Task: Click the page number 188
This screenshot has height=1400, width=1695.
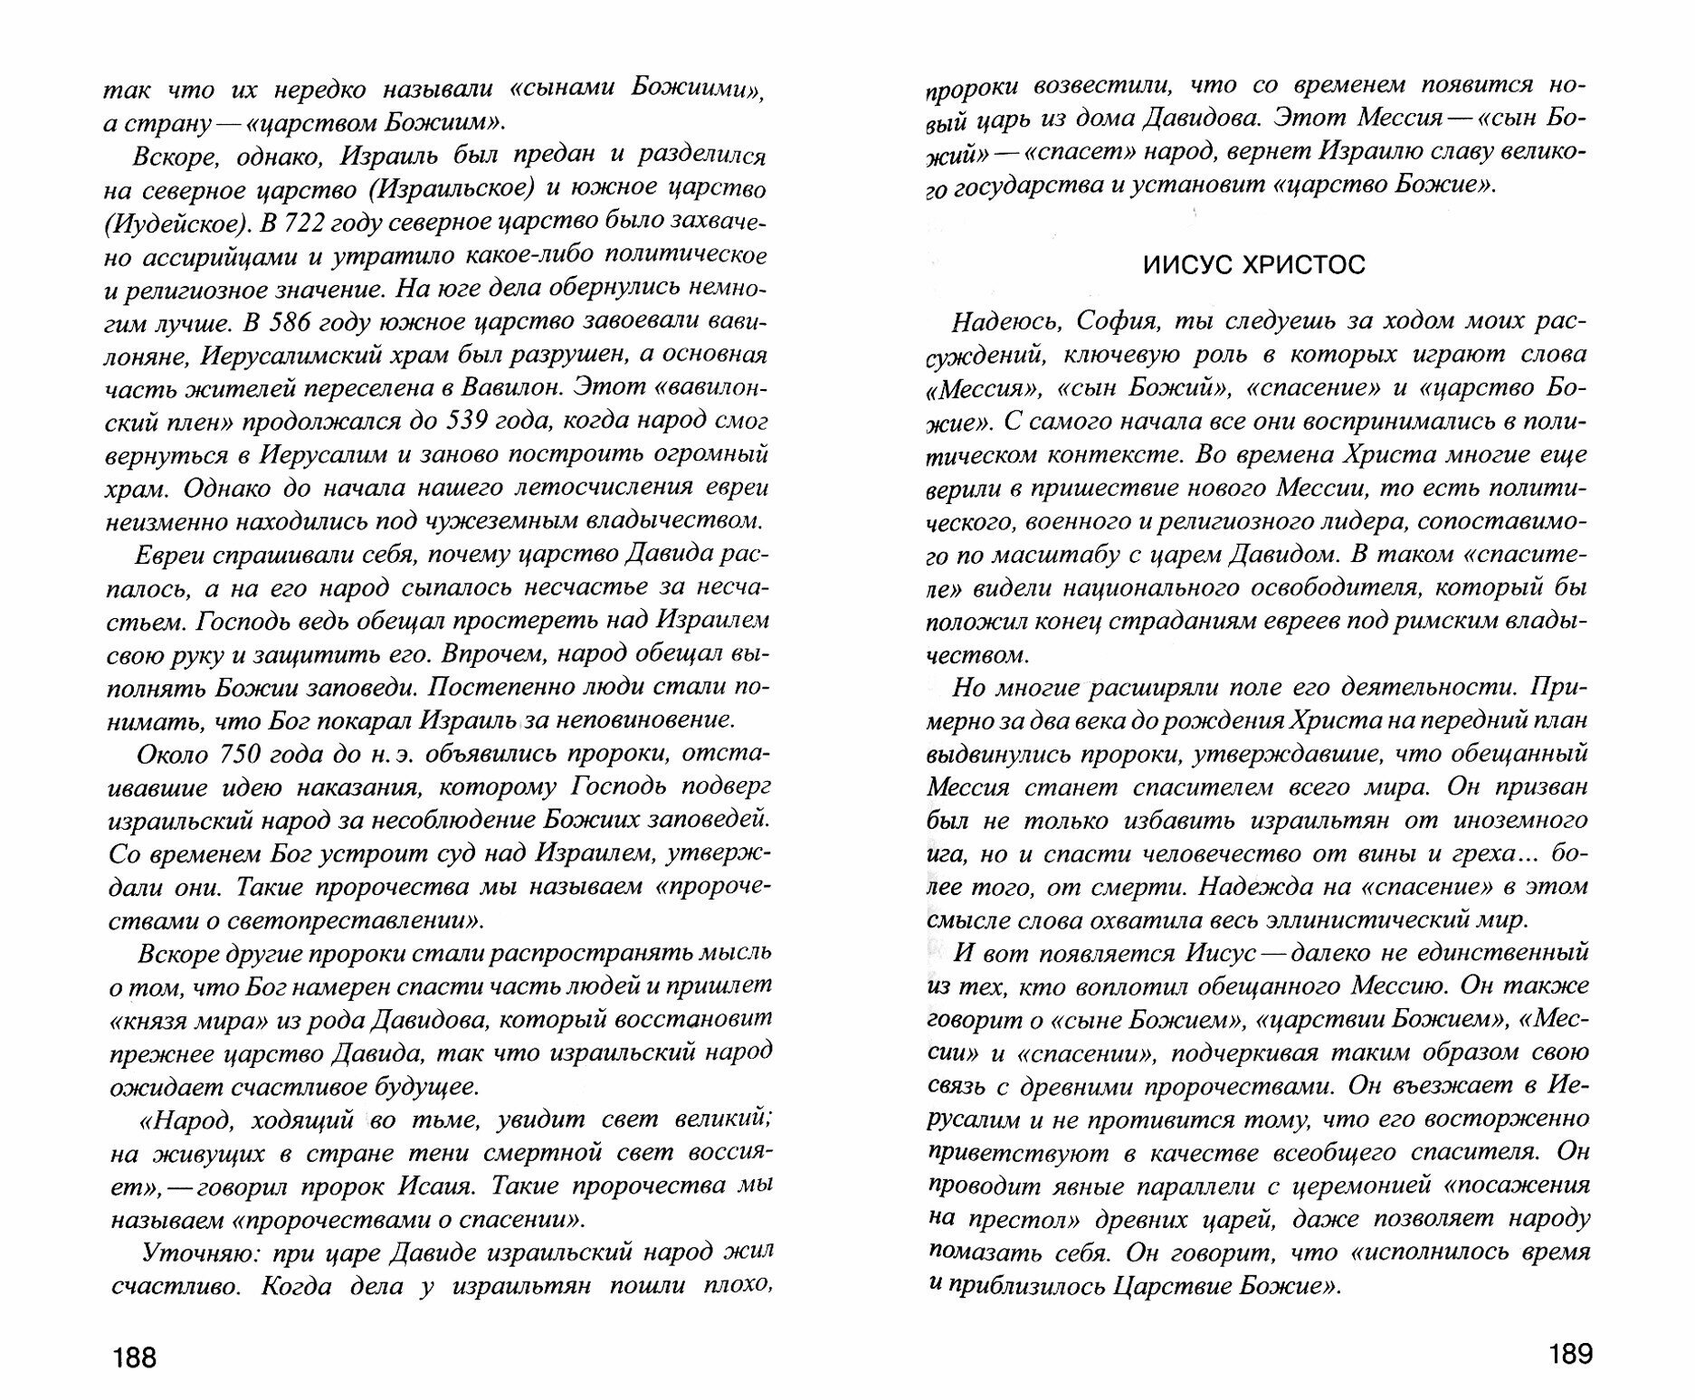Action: coord(134,1357)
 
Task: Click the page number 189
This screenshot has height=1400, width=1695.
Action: coord(1569,1354)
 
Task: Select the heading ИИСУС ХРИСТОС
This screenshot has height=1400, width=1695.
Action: coord(1254,266)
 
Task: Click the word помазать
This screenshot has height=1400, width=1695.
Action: coord(976,1252)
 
